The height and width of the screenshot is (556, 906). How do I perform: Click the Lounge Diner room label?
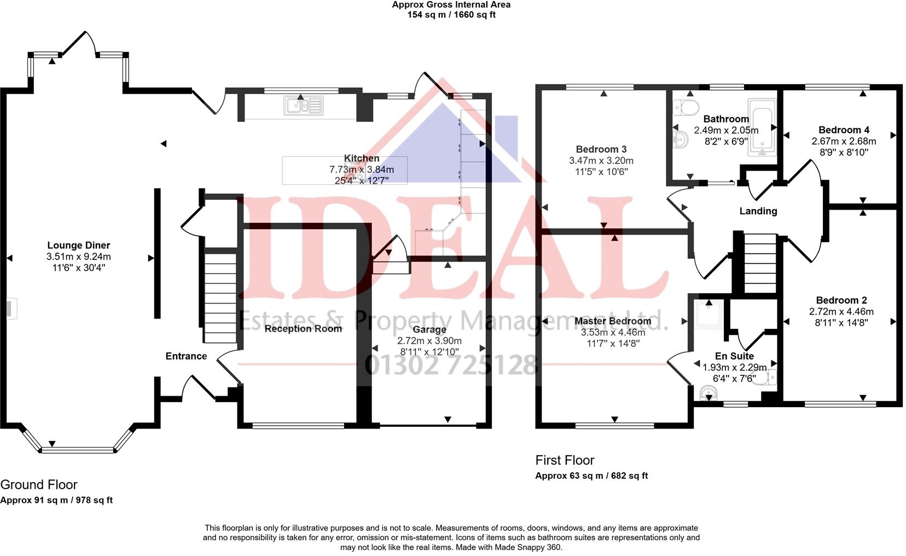[79, 245]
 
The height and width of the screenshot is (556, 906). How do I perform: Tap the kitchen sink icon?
[303, 105]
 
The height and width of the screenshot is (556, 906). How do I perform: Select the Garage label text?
[429, 329]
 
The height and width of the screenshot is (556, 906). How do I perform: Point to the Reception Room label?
[303, 328]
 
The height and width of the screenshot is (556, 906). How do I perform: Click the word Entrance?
[186, 356]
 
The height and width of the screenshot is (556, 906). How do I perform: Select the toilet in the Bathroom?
[686, 107]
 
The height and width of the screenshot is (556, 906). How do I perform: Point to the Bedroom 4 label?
[844, 130]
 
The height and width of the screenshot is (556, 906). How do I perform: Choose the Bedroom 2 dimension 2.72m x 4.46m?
[841, 312]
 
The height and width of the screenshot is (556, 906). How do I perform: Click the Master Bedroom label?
[613, 321]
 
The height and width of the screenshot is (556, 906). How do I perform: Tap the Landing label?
[758, 211]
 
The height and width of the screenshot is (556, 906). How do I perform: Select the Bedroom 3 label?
[601, 149]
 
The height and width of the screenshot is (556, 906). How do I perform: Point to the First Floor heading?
[565, 460]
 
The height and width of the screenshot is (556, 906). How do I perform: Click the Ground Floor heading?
[39, 485]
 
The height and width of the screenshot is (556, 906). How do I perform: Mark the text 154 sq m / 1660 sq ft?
[451, 15]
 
